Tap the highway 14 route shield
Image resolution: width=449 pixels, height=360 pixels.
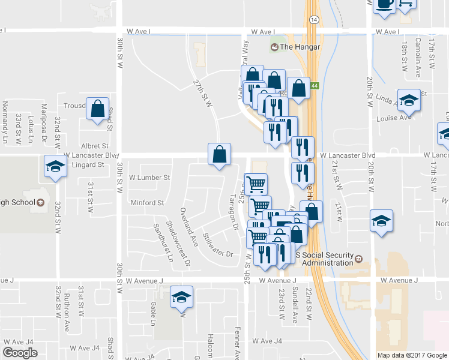313,20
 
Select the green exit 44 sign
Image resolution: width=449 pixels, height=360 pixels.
315,86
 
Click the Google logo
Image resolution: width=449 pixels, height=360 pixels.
20,353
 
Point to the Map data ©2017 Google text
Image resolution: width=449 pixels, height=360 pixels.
412,355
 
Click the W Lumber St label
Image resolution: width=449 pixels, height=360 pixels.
150,178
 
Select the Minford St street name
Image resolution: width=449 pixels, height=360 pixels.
148,203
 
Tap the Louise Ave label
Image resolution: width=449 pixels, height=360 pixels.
393,118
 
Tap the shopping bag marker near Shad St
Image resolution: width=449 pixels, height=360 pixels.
97,109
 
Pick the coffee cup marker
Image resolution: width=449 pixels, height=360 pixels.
384,4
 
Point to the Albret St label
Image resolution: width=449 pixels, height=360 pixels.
95,146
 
